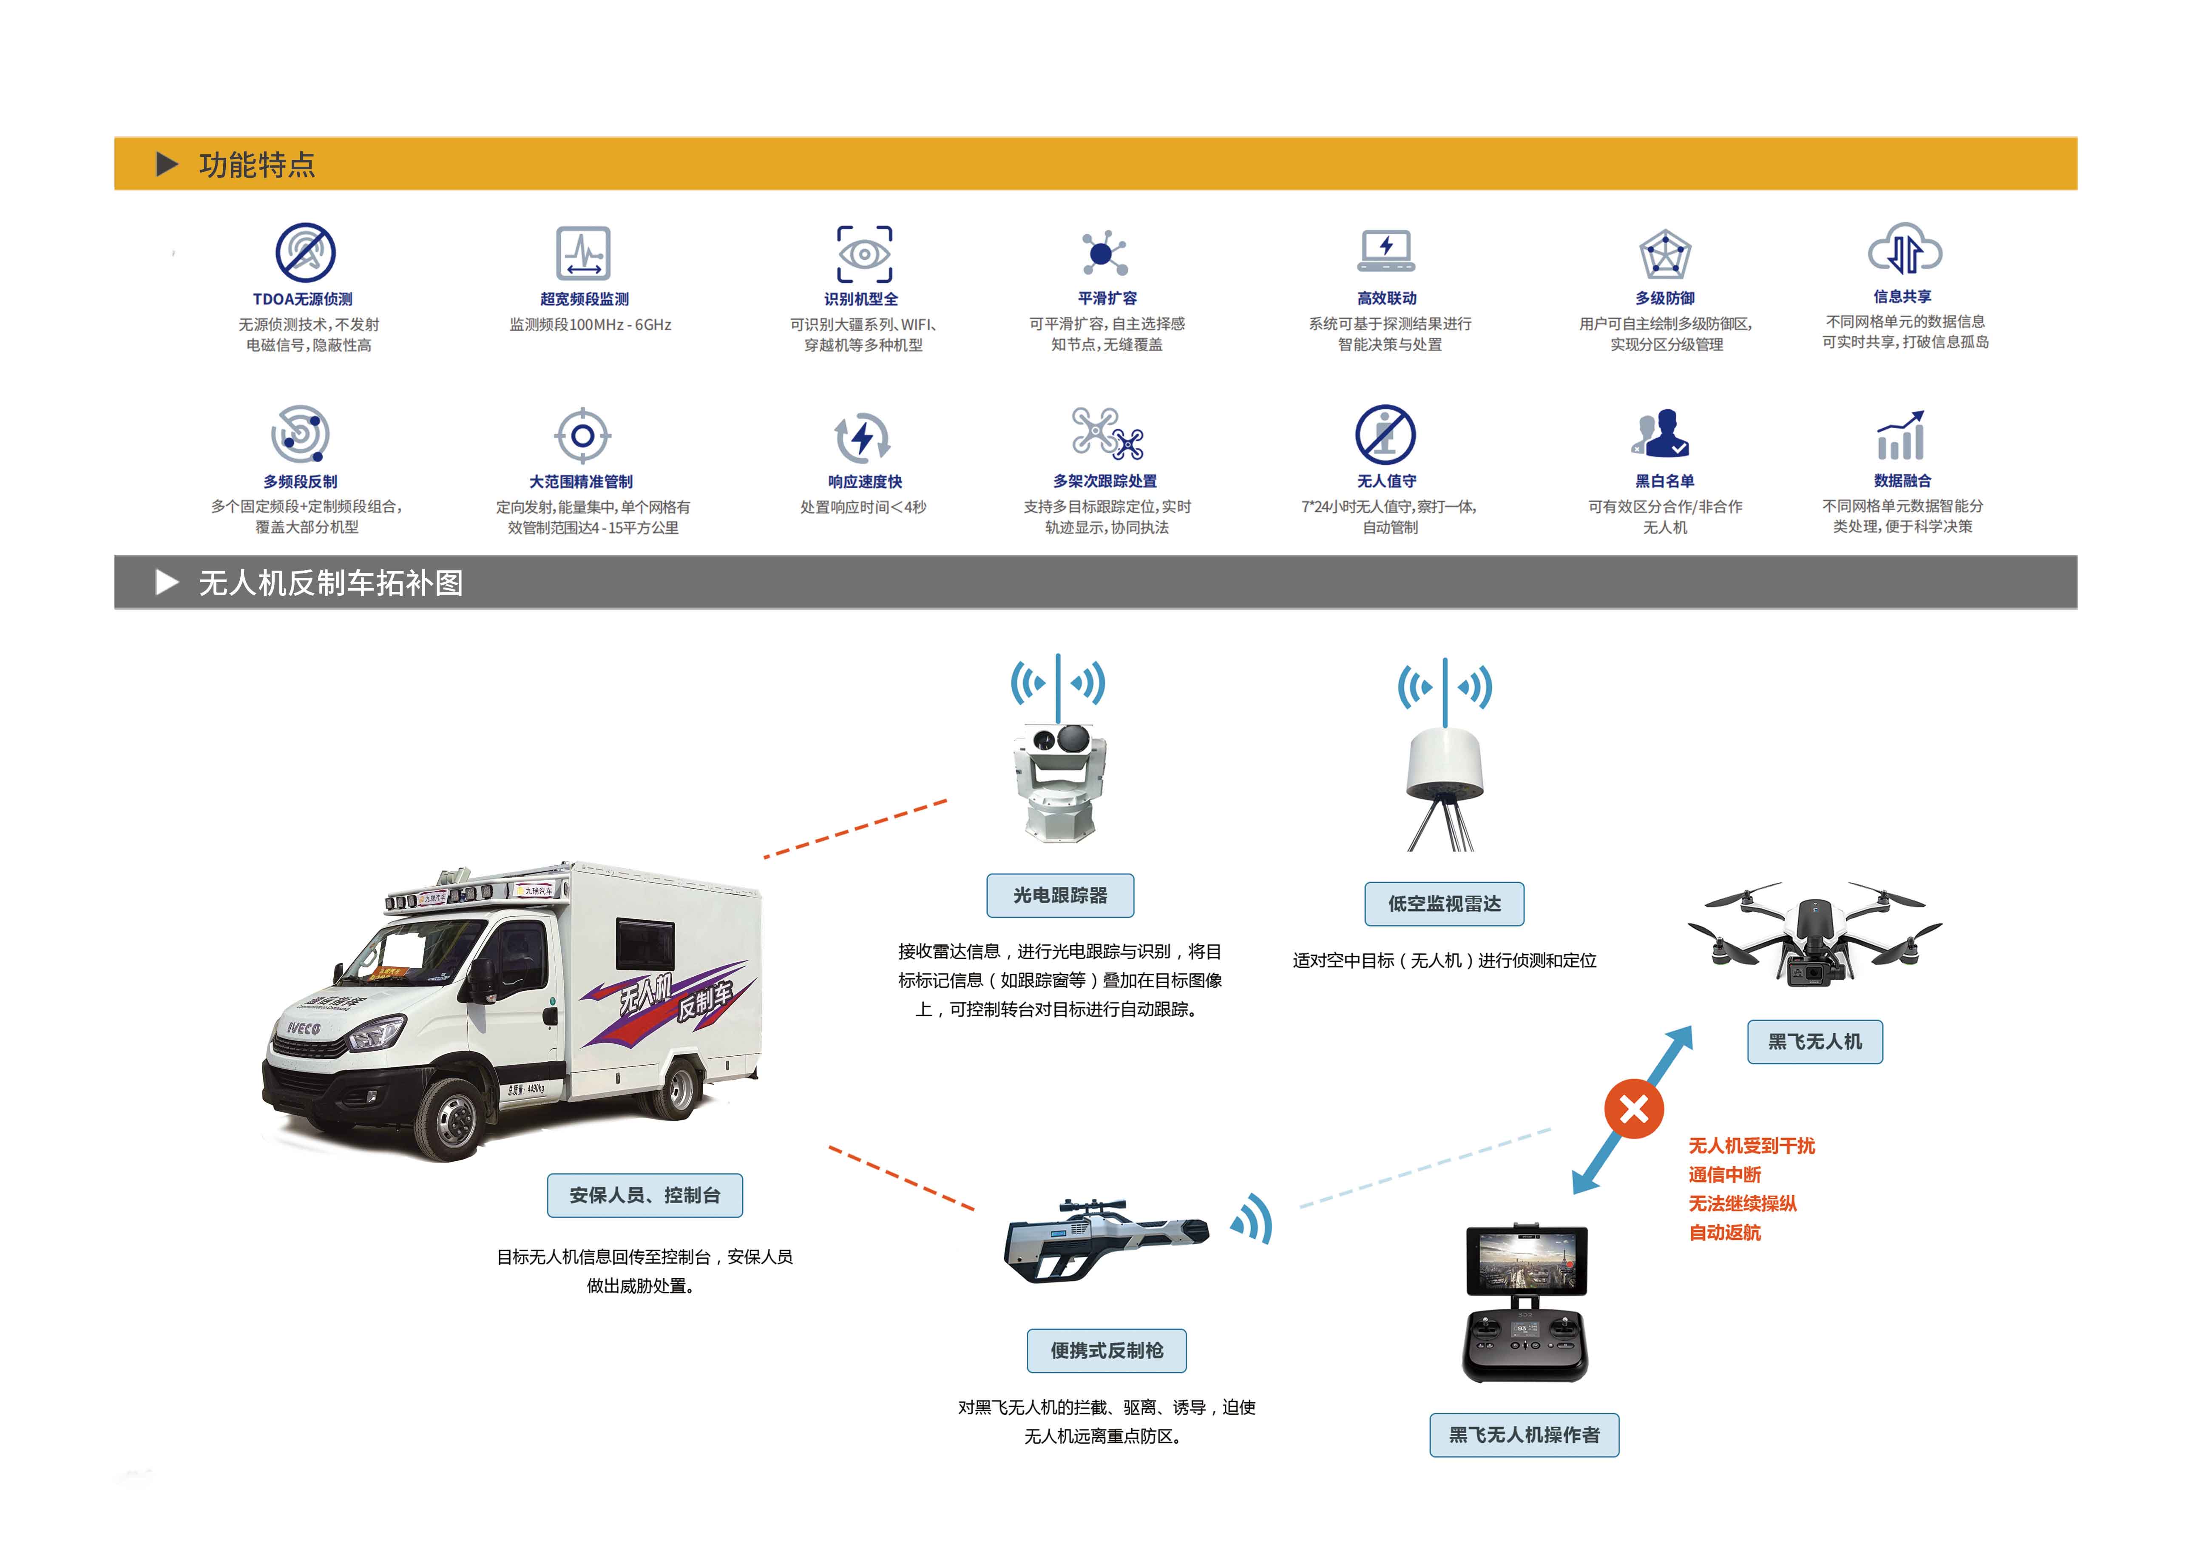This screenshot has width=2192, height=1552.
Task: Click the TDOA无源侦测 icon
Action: (x=305, y=252)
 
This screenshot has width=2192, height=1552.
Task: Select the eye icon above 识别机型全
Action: (x=864, y=254)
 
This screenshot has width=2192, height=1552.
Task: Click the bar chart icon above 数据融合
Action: (x=1900, y=437)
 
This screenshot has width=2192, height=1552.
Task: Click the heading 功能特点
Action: (x=256, y=165)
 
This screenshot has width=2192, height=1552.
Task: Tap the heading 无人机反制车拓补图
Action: (x=331, y=583)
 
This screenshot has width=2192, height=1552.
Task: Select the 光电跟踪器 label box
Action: (x=1060, y=895)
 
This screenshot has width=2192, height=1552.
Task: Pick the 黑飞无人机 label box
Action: (x=1814, y=1042)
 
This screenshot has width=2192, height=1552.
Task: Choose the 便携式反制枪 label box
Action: (x=1107, y=1350)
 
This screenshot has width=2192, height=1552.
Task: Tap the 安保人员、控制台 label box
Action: (x=645, y=1196)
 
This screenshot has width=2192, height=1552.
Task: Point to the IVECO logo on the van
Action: (x=304, y=1028)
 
